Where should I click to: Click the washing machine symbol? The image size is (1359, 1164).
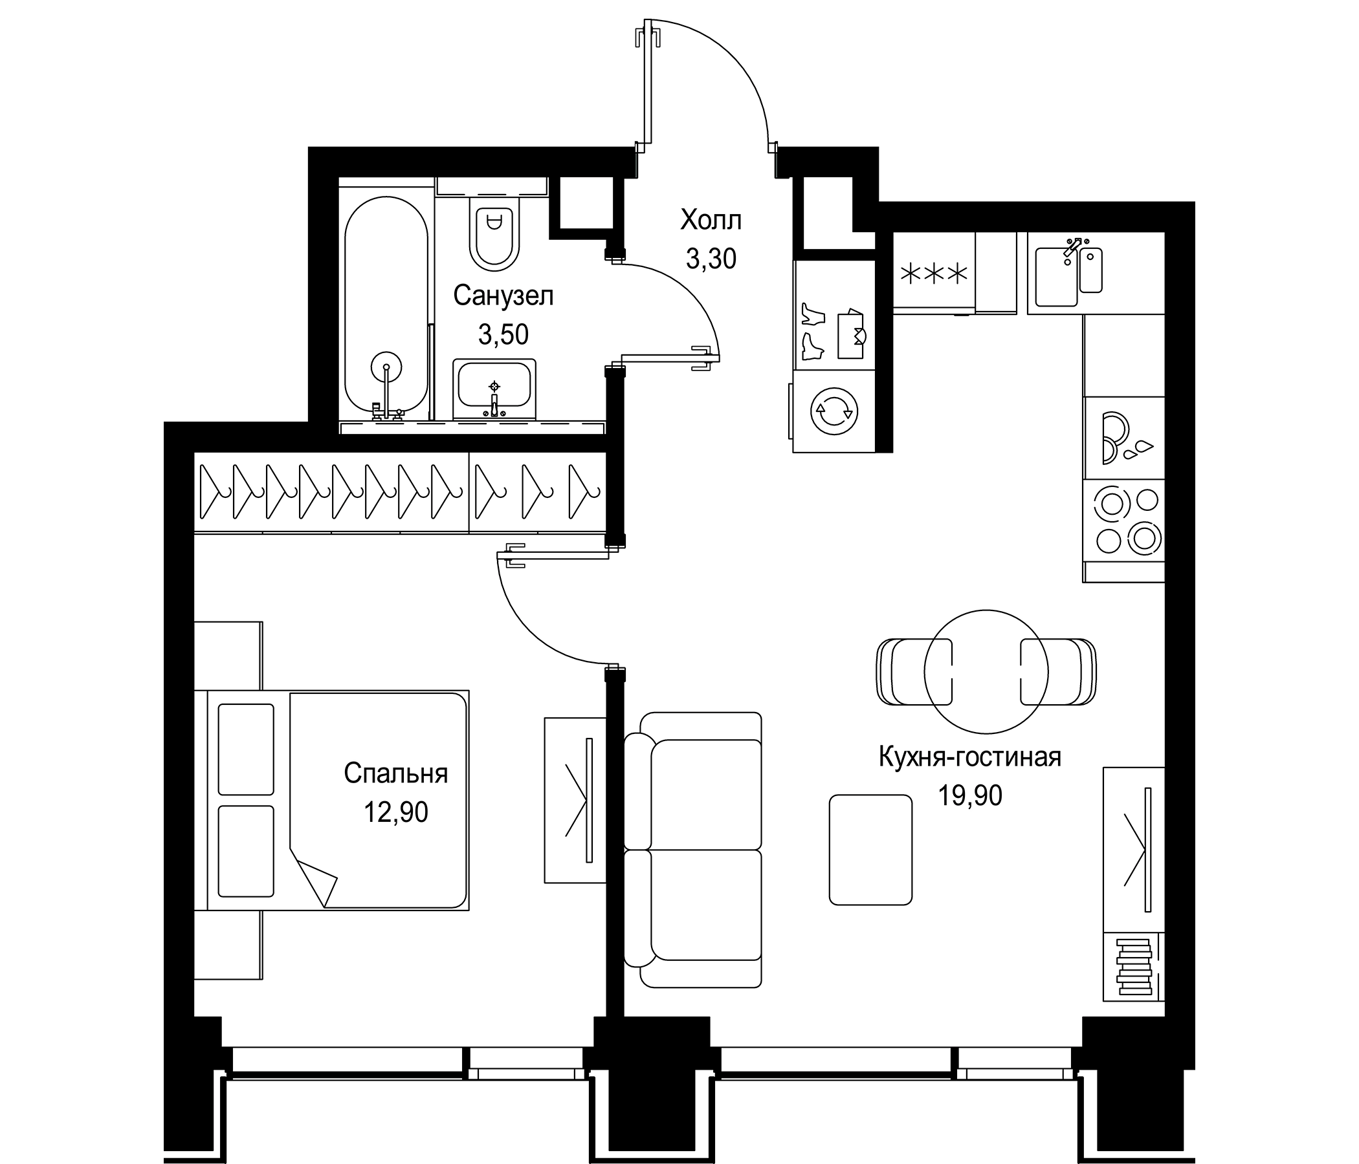833,411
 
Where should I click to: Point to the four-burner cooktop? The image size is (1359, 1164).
1124,521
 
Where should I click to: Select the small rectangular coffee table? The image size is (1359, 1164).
870,850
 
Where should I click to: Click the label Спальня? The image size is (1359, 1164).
395,773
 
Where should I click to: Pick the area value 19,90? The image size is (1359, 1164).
969,795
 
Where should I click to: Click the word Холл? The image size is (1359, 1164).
711,221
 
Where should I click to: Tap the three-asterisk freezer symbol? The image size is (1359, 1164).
934,274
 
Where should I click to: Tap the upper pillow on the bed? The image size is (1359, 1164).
245,749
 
